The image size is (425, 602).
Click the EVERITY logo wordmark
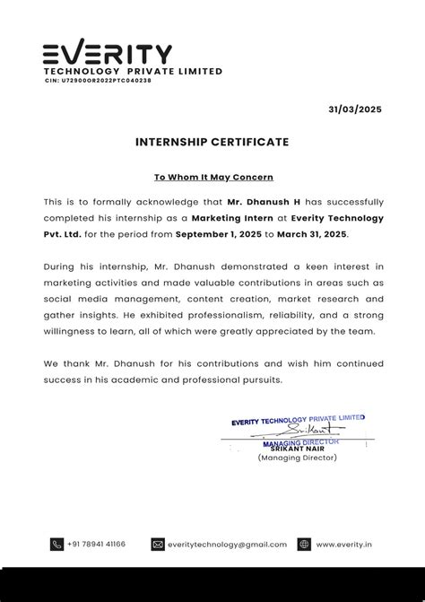pyautogui.click(x=108, y=53)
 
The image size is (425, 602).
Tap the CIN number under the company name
pyautogui.click(x=98, y=81)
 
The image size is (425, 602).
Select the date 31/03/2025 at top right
pyautogui.click(x=354, y=109)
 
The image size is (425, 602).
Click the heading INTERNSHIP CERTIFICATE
pyautogui.click(x=212, y=142)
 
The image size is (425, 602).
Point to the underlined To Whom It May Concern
pyautogui.click(x=212, y=178)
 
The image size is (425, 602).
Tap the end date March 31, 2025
pyautogui.click(x=312, y=233)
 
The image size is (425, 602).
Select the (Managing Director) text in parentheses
pyautogui.click(x=297, y=458)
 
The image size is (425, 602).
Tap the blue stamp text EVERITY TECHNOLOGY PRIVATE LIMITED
pyautogui.click(x=298, y=419)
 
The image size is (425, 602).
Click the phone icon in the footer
pyautogui.click(x=57, y=544)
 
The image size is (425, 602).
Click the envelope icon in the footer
pyautogui.click(x=158, y=544)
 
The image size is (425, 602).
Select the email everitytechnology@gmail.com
pyautogui.click(x=227, y=544)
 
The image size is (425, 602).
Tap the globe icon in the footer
pyautogui.click(x=304, y=544)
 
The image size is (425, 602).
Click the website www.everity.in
pyautogui.click(x=344, y=544)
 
